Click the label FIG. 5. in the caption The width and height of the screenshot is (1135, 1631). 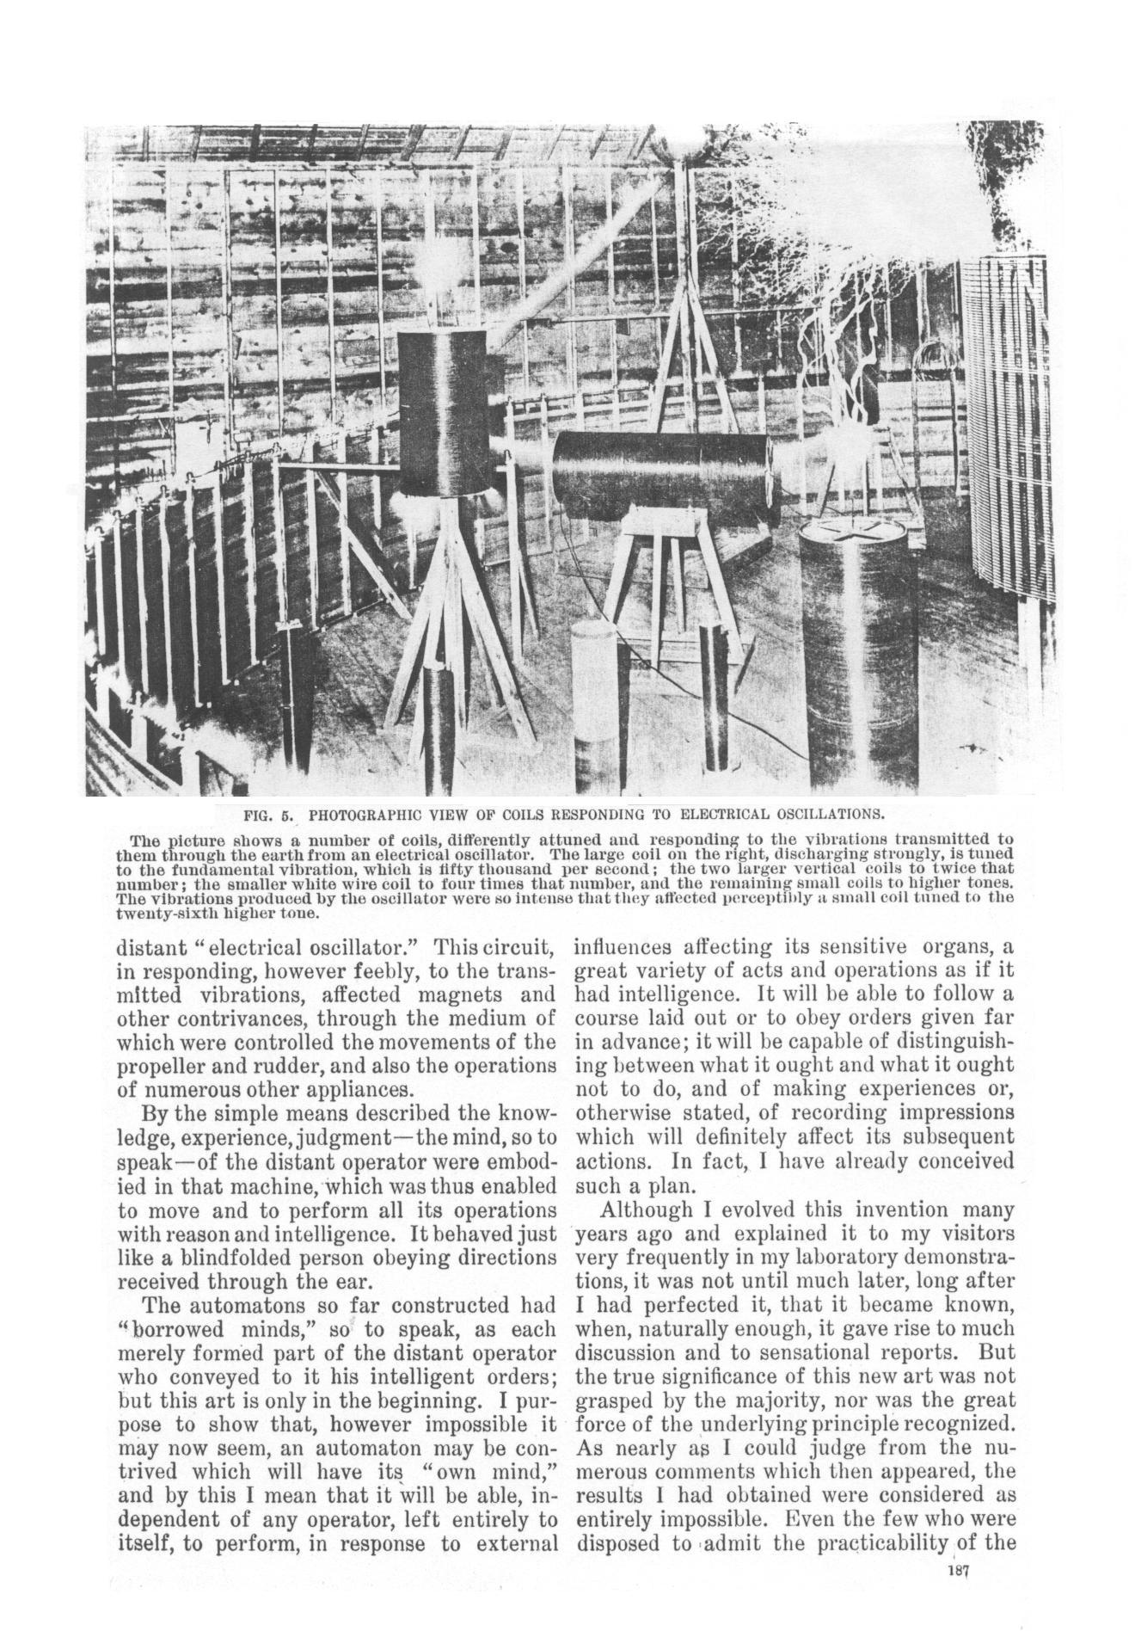click(269, 813)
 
